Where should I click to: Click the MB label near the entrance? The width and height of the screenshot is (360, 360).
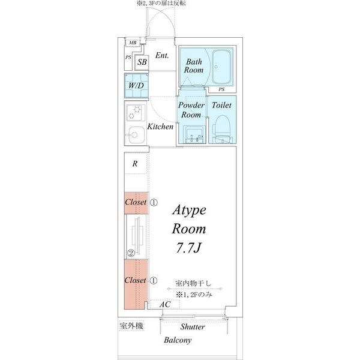132,43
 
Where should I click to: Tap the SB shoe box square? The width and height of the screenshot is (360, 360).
142,61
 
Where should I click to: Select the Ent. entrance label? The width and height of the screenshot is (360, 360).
161,55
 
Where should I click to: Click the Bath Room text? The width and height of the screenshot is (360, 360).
194,66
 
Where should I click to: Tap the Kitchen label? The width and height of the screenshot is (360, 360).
160,127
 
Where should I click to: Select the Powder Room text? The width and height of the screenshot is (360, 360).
191,110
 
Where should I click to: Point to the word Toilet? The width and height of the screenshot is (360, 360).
222,105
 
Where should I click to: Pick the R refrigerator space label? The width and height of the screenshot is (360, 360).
136,164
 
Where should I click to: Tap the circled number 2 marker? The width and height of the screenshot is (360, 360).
130,252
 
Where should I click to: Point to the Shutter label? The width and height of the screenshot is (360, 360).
192,327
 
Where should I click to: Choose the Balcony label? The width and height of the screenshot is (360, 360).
178,340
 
